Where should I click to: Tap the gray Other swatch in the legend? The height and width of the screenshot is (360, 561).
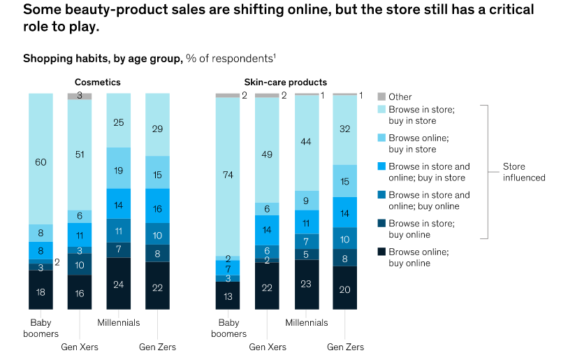tap(382, 97)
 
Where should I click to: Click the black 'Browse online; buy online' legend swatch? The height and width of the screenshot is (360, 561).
tap(382, 252)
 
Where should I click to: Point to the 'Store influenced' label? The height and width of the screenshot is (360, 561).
tap(524, 172)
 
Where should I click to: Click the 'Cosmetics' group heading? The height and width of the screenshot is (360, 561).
tap(97, 82)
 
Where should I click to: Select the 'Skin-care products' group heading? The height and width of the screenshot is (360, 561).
tap(286, 82)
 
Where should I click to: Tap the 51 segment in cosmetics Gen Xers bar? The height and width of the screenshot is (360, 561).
tap(79, 155)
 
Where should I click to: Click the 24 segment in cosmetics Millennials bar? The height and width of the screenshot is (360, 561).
tap(118, 283)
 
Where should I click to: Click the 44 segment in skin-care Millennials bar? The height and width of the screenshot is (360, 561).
tap(307, 143)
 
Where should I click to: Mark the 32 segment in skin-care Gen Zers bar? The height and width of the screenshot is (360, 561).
tap(345, 130)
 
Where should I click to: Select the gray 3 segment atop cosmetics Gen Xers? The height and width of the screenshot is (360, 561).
tap(79, 96)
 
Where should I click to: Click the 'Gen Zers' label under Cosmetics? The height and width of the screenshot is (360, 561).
tap(157, 347)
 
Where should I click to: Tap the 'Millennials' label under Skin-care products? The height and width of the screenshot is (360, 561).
tap(307, 323)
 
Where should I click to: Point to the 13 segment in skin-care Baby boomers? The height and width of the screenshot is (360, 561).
tap(228, 296)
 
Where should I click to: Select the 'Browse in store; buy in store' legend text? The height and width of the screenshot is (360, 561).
tap(421, 115)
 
